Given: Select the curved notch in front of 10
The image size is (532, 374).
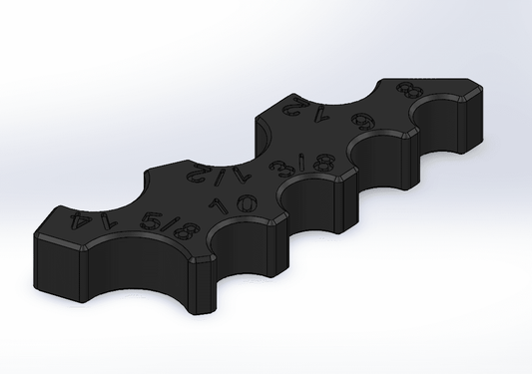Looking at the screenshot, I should click(245, 239).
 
